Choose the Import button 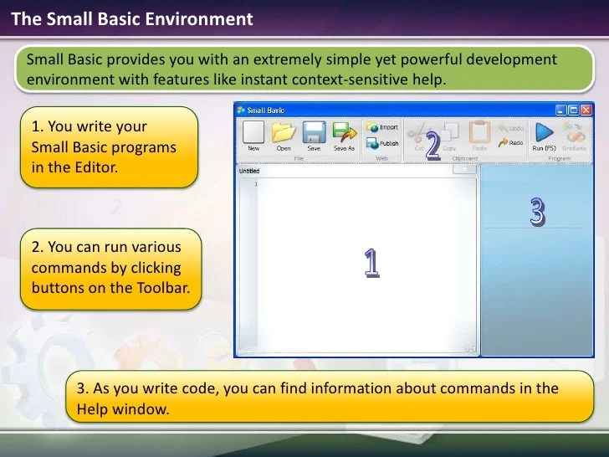382,127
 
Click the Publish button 382,143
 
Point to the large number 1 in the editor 371,263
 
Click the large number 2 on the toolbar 432,146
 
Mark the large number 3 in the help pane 537,212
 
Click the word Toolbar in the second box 157,288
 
